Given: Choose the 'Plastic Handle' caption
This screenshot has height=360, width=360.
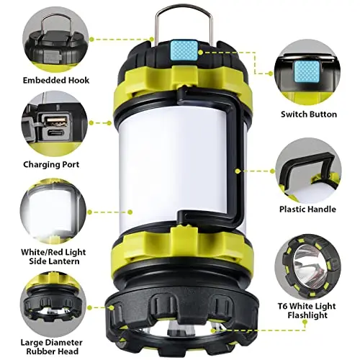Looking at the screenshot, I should pyautogui.click(x=307, y=209).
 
